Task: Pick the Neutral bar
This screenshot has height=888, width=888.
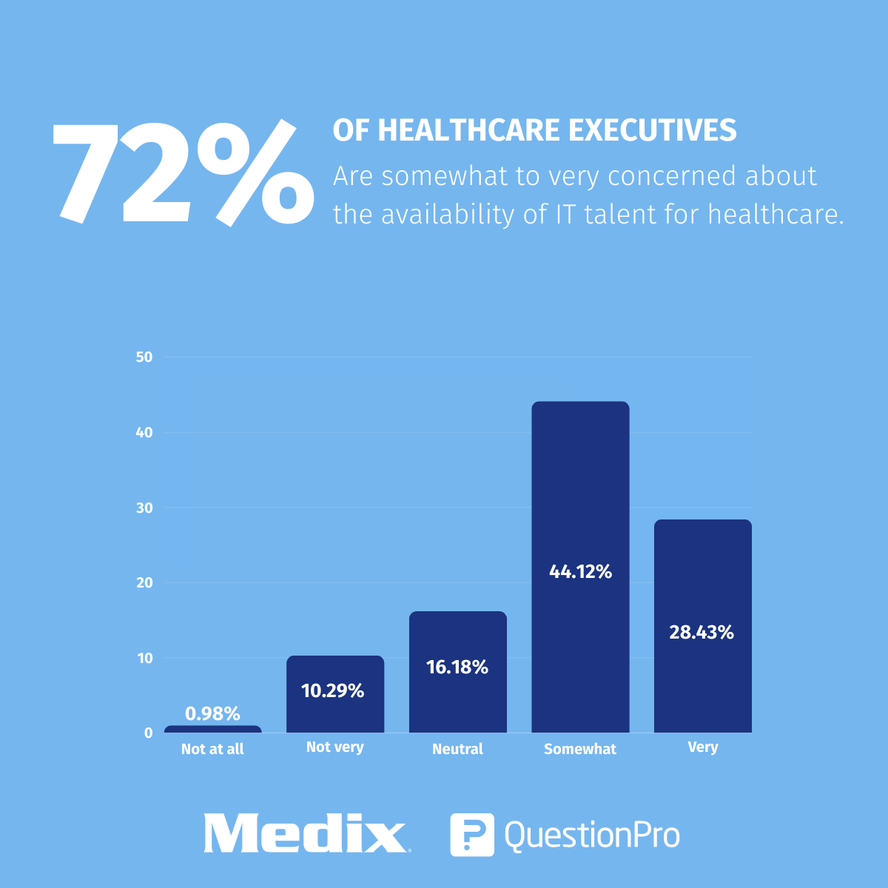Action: pos(457,703)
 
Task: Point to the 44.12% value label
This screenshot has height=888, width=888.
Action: pos(580,572)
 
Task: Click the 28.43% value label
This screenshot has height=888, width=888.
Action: pos(702,633)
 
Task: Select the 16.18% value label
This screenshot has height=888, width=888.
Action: pos(457,667)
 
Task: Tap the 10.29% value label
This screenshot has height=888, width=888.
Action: pos(333,691)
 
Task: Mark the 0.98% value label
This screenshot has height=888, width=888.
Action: pos(212,714)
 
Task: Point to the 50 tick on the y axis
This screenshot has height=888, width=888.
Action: pos(144,357)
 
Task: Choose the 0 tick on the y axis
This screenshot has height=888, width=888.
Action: pos(149,733)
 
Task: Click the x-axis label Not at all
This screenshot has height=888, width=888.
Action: pos(212,749)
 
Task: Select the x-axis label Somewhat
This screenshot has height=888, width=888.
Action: pos(580,749)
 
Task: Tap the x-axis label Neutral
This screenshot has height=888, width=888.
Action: pos(457,749)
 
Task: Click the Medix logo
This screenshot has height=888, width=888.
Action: pos(305,834)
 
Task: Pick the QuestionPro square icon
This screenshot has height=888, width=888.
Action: pos(471,835)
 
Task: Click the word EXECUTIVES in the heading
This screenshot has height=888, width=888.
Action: pos(653,130)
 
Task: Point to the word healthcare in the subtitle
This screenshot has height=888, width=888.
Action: pos(776,215)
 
